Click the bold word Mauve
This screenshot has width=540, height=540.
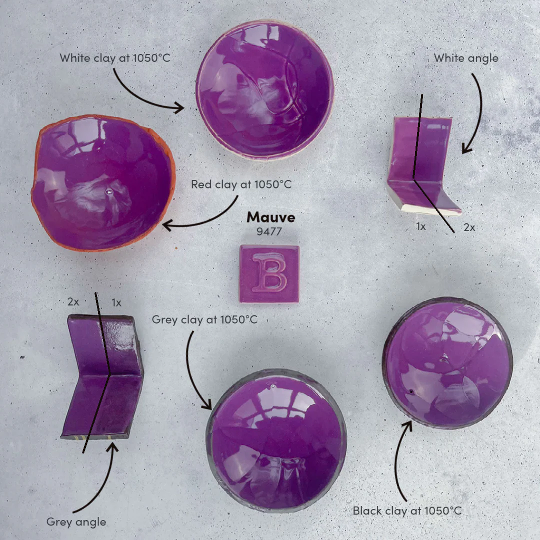270,217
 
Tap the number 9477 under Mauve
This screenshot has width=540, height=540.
269,231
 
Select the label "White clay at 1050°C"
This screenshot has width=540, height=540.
114,58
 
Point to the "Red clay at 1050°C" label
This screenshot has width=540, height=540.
241,184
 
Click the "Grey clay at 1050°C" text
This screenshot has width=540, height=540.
204,319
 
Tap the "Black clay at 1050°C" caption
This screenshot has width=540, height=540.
407,510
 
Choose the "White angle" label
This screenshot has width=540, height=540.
466,58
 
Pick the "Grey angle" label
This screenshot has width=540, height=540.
76,522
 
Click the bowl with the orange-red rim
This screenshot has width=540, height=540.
103,182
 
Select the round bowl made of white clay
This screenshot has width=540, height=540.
265,90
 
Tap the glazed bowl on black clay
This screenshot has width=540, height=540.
447,363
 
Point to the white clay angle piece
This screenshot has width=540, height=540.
423,165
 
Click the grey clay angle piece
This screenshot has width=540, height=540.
102,377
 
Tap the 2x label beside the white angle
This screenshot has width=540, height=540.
469,227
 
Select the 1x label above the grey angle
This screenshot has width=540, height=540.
116,302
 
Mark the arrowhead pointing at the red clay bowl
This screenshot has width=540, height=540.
167,226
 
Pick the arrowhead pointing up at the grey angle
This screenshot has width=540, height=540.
112,447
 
